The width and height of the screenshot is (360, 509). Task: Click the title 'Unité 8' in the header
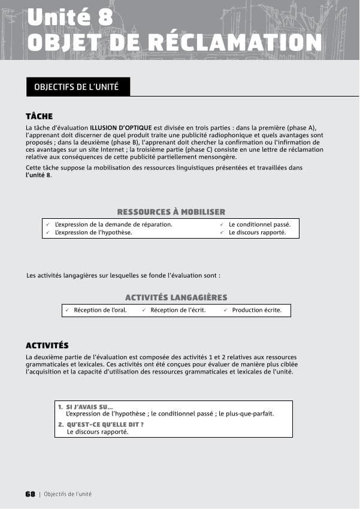[x=70, y=17]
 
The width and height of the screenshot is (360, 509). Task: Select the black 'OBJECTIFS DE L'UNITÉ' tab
[x=77, y=87]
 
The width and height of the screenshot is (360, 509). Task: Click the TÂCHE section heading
[x=40, y=116]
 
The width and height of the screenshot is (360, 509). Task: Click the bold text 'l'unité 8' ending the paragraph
[x=38, y=174]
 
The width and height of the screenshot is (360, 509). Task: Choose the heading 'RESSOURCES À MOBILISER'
[x=171, y=212]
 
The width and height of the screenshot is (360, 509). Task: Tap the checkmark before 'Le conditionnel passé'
[x=222, y=224]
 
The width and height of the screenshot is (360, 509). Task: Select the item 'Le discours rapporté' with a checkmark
[x=257, y=232]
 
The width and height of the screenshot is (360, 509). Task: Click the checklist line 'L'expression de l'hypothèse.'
[x=93, y=232]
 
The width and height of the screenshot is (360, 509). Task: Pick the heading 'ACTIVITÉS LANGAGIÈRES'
[x=176, y=297]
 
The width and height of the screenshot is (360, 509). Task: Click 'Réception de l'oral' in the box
[x=100, y=310]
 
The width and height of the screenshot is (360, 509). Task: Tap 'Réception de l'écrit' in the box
[x=178, y=310]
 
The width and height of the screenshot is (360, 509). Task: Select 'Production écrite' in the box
[x=256, y=310]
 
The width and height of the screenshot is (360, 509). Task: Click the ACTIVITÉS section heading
[x=47, y=345]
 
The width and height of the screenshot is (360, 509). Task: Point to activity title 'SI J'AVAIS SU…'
[x=89, y=407]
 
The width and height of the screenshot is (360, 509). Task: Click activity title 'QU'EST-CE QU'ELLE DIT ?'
[x=105, y=424]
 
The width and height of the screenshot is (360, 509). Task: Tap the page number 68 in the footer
[x=30, y=494]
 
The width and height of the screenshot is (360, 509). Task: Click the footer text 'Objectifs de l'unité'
[x=68, y=494]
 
